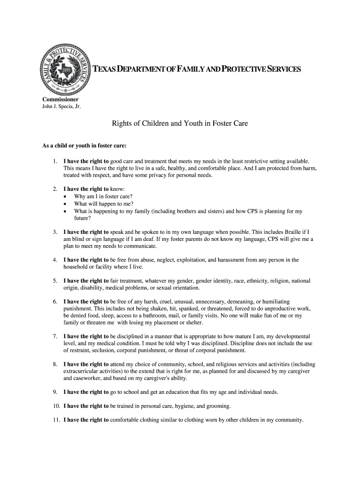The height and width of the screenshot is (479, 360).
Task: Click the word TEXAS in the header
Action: click(x=105, y=70)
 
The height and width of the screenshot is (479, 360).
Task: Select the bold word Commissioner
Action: click(x=60, y=100)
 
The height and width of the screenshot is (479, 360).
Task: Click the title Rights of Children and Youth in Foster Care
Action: click(x=180, y=124)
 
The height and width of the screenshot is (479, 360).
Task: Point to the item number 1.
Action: click(x=55, y=161)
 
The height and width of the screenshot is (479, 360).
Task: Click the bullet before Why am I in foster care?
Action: click(x=65, y=196)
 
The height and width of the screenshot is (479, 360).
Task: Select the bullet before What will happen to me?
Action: click(x=65, y=204)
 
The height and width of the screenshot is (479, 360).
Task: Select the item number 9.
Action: click(x=55, y=392)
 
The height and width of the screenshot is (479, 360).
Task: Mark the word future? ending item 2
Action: click(x=82, y=218)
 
